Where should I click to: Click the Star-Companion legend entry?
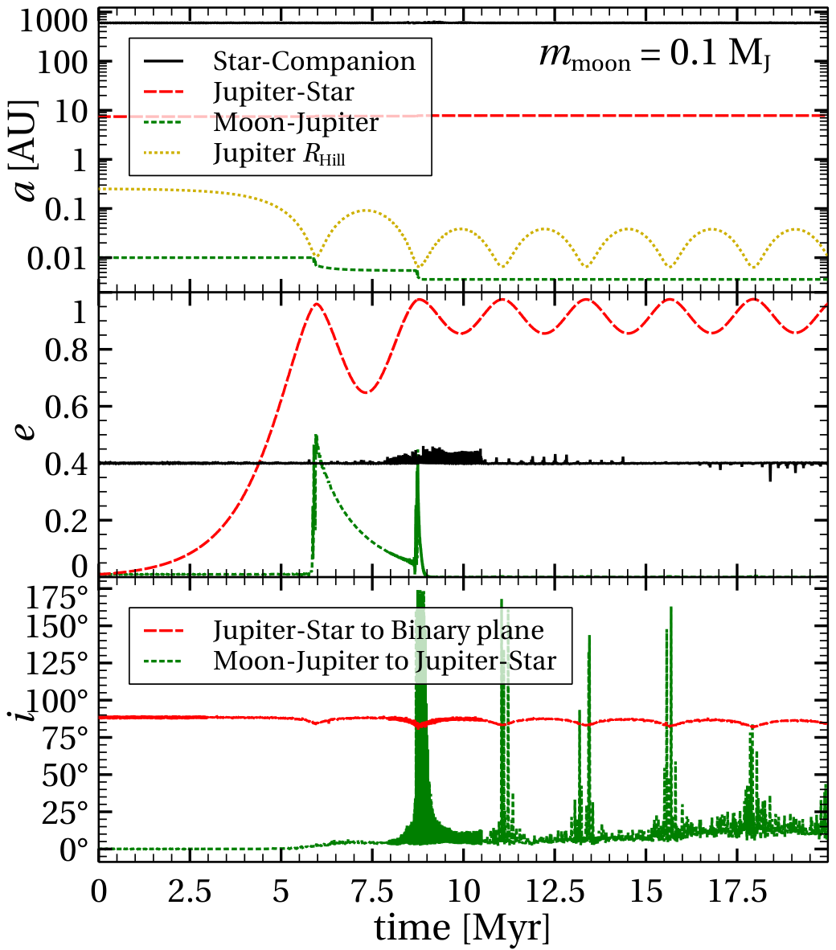(x=313, y=61)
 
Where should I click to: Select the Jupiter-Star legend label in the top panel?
(x=284, y=92)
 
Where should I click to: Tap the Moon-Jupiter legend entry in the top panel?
(x=296, y=122)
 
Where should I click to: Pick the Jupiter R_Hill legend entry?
(x=279, y=154)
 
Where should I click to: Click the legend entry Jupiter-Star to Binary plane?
(x=378, y=631)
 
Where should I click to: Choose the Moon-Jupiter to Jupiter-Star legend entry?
(x=384, y=661)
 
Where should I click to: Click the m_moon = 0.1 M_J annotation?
(x=655, y=55)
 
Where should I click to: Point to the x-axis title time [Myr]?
(x=462, y=927)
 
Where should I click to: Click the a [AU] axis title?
(x=25, y=150)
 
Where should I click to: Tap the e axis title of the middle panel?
(x=26, y=431)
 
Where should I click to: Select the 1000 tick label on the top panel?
(x=55, y=21)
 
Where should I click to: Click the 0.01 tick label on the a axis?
(x=58, y=260)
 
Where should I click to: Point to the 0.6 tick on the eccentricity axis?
(x=67, y=407)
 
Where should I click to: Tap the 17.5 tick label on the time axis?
(x=737, y=891)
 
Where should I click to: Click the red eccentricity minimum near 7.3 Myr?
(x=365, y=392)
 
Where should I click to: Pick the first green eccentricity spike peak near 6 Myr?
(x=316, y=435)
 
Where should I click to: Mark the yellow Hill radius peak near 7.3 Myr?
(x=366, y=211)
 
